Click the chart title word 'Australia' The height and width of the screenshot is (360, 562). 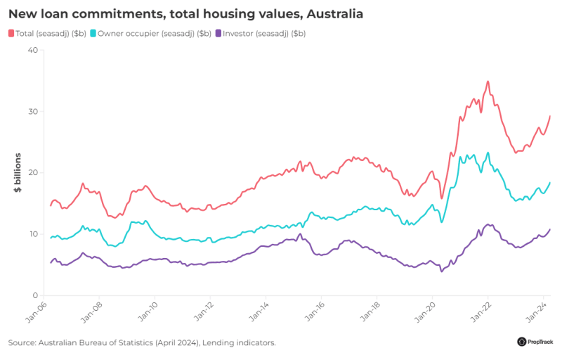[334, 13]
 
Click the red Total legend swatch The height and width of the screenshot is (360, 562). [12, 33]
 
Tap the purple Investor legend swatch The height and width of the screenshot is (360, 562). [218, 33]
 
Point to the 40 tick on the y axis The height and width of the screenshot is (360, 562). [32, 50]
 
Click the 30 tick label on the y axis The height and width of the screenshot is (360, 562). [32, 111]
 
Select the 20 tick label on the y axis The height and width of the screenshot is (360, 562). [32, 173]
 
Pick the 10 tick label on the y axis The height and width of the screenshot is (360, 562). [32, 234]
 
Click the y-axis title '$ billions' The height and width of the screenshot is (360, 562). [18, 173]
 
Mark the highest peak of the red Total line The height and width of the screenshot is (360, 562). [488, 82]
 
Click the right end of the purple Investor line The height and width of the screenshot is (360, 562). [550, 229]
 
